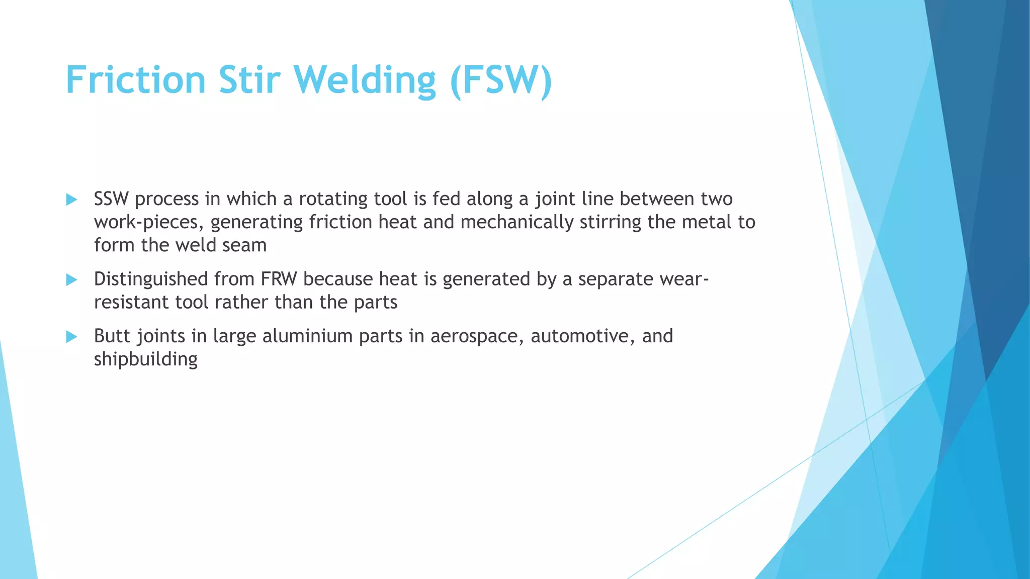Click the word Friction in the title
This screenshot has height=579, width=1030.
tap(136, 80)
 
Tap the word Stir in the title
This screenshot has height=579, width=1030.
tap(249, 80)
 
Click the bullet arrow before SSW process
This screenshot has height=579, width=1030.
tap(71, 200)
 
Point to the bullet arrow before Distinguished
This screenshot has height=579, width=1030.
tap(71, 279)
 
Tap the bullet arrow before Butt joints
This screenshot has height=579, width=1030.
tap(71, 336)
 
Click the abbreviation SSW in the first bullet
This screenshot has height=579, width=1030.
tap(111, 199)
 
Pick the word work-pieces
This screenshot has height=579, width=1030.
tap(149, 222)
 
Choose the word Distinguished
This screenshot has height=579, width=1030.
tap(151, 279)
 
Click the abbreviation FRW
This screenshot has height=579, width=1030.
tap(279, 279)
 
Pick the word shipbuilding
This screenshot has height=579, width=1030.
tap(146, 359)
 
